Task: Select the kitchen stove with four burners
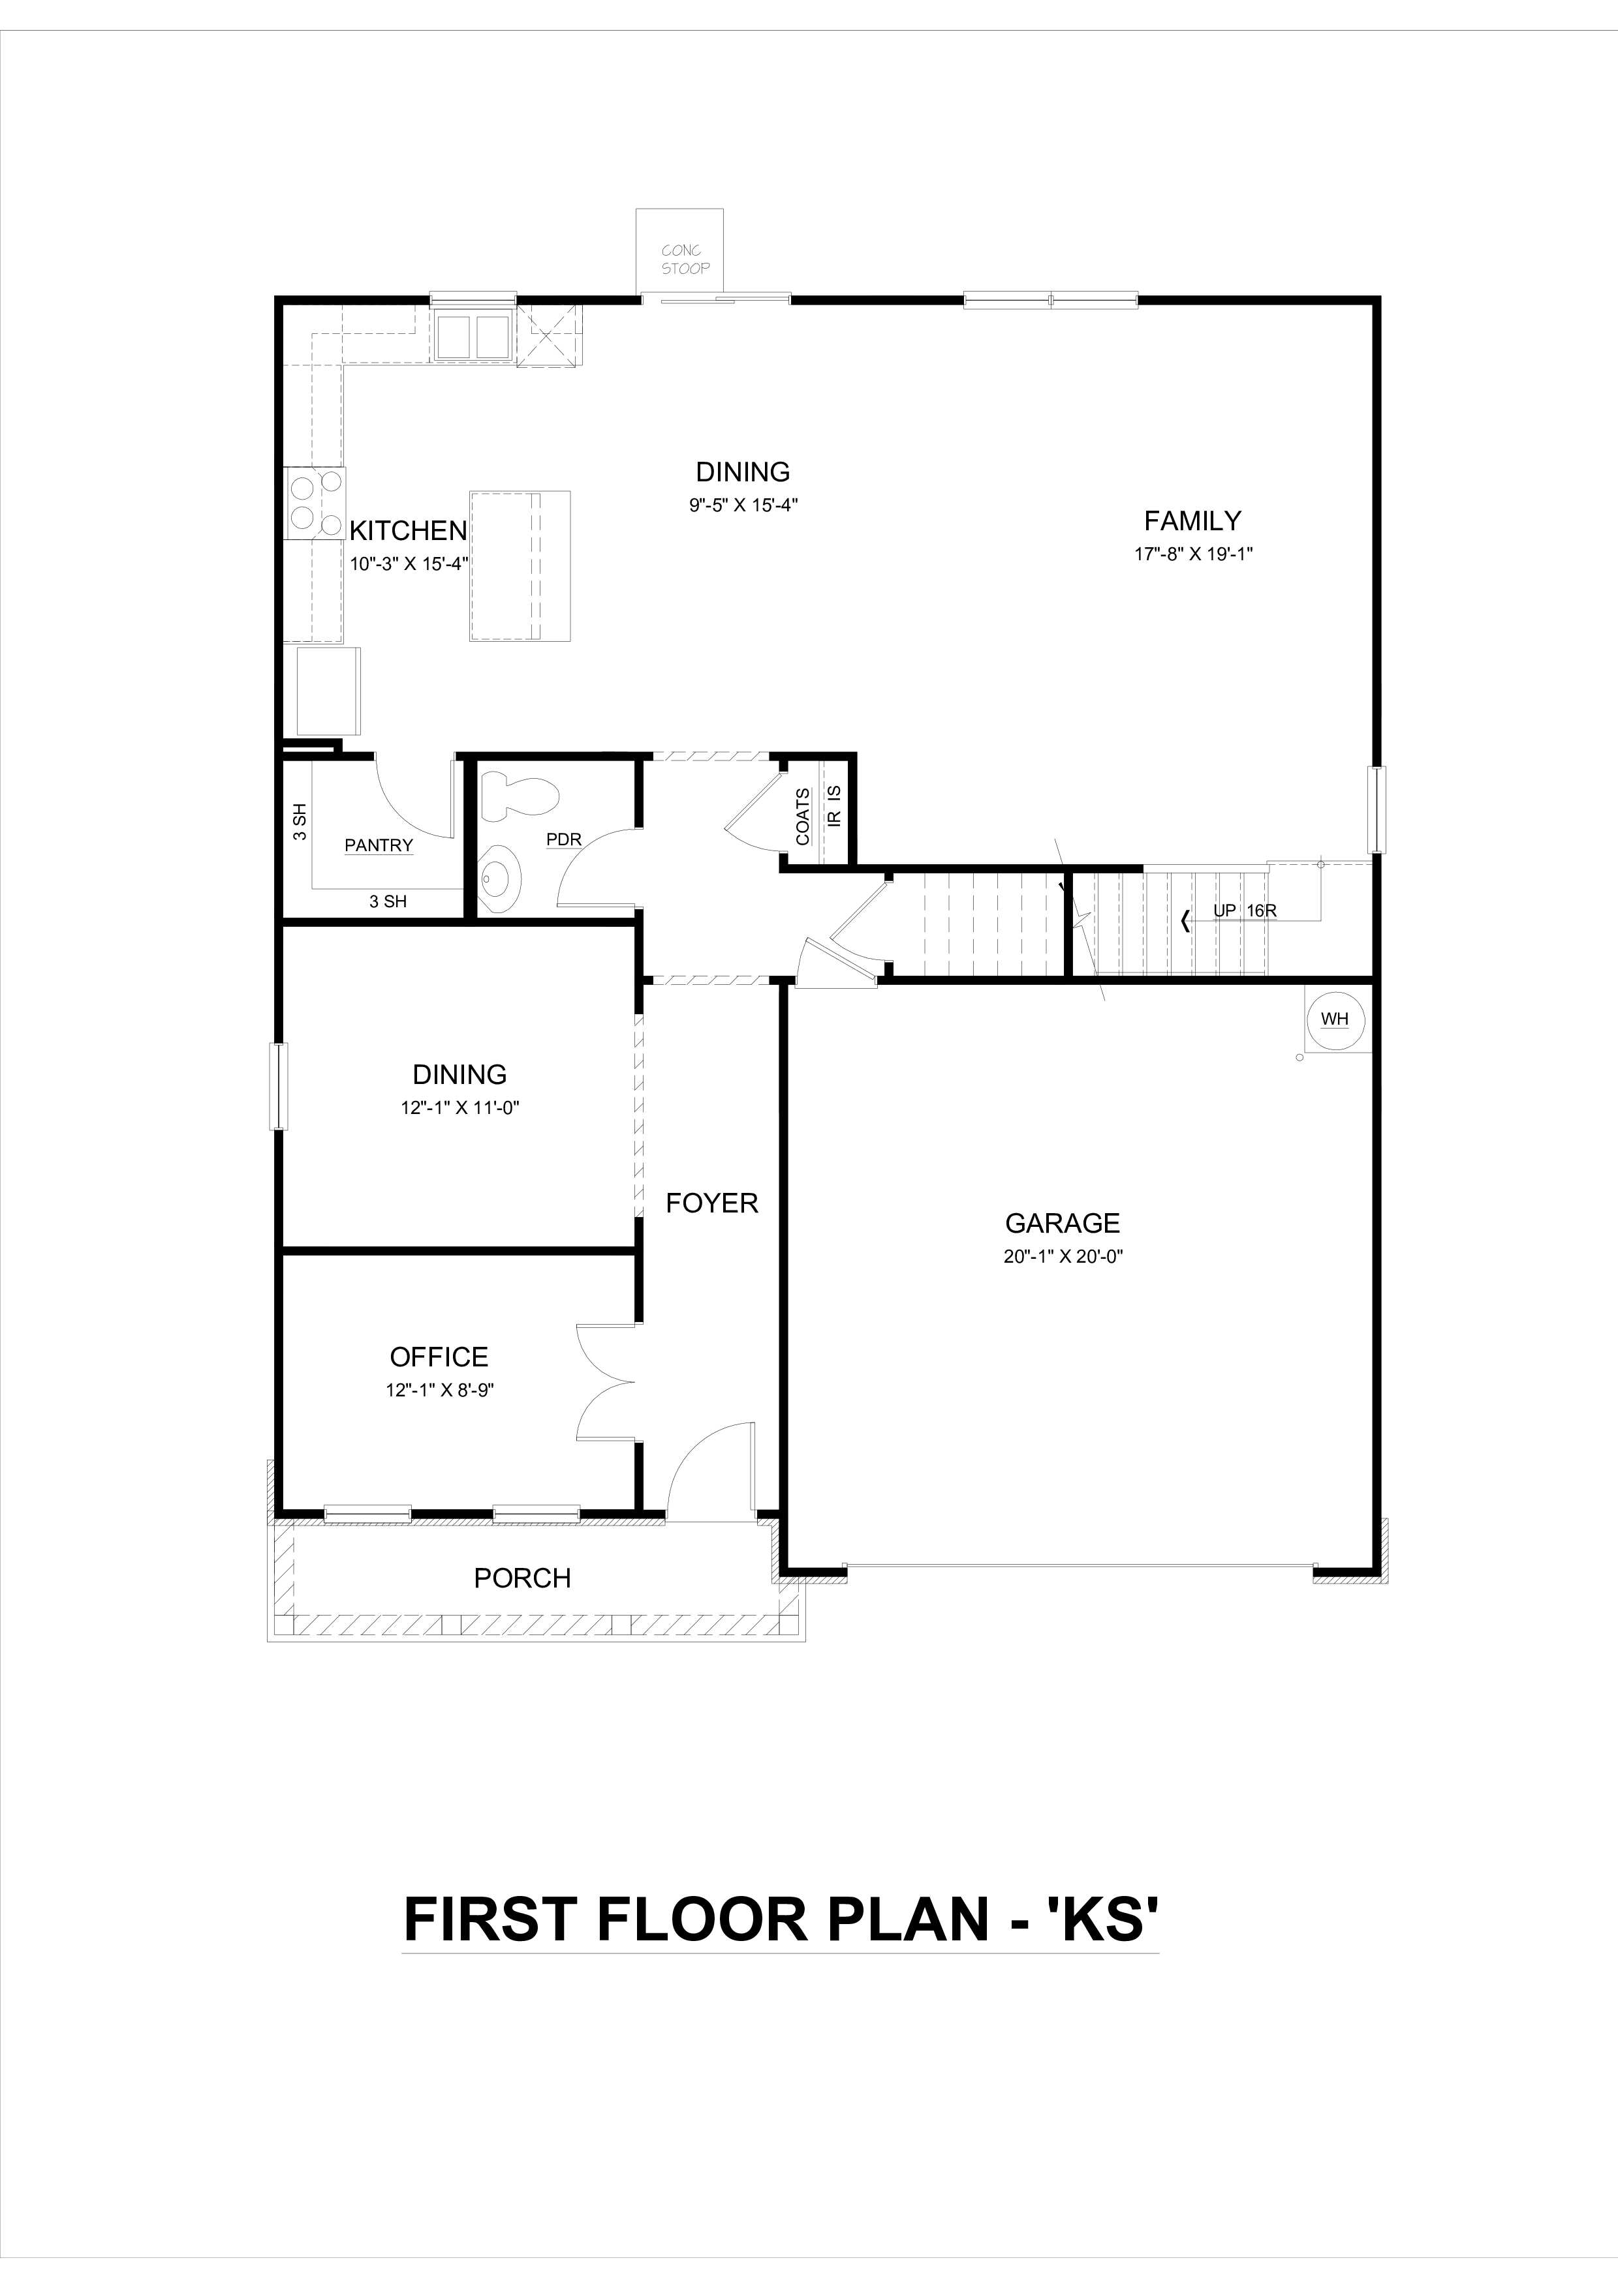pyautogui.click(x=315, y=502)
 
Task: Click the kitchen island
pyautogui.click(x=520, y=564)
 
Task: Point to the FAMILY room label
pyautogui.click(x=1192, y=520)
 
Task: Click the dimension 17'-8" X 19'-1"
pyautogui.click(x=1192, y=554)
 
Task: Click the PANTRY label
pyautogui.click(x=379, y=845)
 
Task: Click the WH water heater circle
pyautogui.click(x=1334, y=1018)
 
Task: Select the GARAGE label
pyautogui.click(x=1062, y=1223)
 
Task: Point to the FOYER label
pyautogui.click(x=712, y=1203)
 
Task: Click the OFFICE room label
pyautogui.click(x=439, y=1356)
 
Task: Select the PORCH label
pyautogui.click(x=522, y=1578)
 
